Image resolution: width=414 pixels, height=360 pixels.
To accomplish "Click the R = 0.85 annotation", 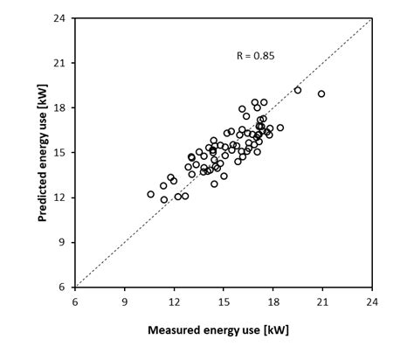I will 256,56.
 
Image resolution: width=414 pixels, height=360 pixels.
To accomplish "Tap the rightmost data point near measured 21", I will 321,93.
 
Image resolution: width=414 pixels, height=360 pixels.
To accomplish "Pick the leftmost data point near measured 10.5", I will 150,194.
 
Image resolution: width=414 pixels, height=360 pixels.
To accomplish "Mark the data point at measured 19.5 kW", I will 298,90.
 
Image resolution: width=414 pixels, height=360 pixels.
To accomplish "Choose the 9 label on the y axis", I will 62,242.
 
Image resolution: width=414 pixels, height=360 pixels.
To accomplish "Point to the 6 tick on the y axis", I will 62,287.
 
